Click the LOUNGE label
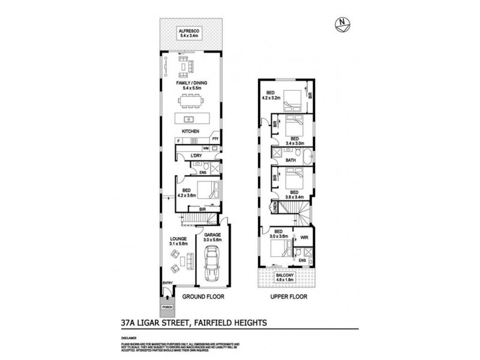click(x=179, y=239)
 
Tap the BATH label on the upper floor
click(x=291, y=160)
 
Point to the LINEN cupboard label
click(x=274, y=208)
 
